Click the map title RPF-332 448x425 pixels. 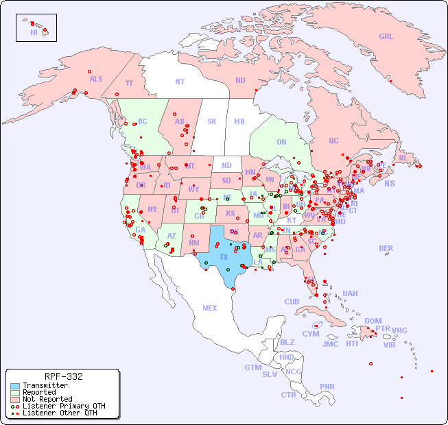63,376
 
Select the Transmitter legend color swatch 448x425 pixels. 14,386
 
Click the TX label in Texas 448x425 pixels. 224,257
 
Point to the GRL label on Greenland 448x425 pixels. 386,36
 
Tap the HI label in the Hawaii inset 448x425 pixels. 34,32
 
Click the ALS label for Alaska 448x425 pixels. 96,79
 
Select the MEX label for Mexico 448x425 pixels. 210,308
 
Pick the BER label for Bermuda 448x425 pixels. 386,248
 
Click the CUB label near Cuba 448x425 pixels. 292,302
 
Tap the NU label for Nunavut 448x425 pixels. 240,80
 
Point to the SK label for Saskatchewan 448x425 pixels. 212,121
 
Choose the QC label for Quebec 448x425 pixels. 333,141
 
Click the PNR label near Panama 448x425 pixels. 327,387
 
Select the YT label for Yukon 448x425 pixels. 129,83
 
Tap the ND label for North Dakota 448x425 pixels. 226,165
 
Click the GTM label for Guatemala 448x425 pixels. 252,367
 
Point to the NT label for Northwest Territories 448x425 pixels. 180,81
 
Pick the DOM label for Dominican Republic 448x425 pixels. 373,321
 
